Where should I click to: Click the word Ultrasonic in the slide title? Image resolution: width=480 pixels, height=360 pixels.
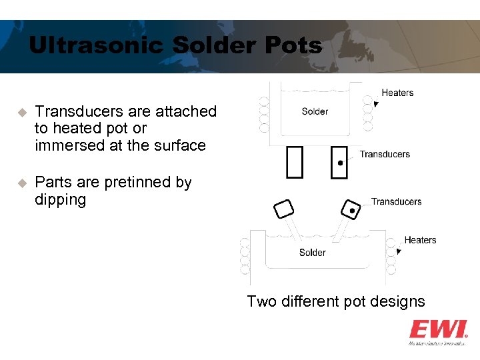[x=97, y=45]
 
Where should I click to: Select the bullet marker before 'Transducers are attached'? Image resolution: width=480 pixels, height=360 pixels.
[x=21, y=112]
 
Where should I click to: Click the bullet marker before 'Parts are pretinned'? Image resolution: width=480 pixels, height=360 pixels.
[x=21, y=183]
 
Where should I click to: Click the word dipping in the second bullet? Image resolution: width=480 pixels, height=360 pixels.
[x=60, y=199]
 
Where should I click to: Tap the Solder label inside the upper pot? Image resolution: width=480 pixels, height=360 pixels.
[x=315, y=111]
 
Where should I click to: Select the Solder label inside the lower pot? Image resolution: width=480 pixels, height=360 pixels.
[x=312, y=253]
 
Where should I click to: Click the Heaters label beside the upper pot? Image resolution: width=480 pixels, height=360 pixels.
[x=397, y=93]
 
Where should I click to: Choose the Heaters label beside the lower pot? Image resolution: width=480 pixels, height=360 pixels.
[x=420, y=240]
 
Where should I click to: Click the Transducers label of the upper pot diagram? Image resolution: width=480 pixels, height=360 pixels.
[x=385, y=154]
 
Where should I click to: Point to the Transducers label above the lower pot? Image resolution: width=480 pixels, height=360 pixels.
[x=396, y=201]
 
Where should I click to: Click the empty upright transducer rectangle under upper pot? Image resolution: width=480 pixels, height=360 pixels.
[x=294, y=162]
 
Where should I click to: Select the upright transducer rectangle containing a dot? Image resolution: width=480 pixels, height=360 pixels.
[x=339, y=162]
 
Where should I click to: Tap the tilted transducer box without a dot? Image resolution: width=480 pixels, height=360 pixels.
[x=283, y=209]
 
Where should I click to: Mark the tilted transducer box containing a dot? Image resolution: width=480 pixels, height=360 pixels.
[x=350, y=209]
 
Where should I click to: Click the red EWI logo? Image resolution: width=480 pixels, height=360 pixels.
[x=437, y=329]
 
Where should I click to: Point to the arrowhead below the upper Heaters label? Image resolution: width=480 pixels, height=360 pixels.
[x=377, y=104]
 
